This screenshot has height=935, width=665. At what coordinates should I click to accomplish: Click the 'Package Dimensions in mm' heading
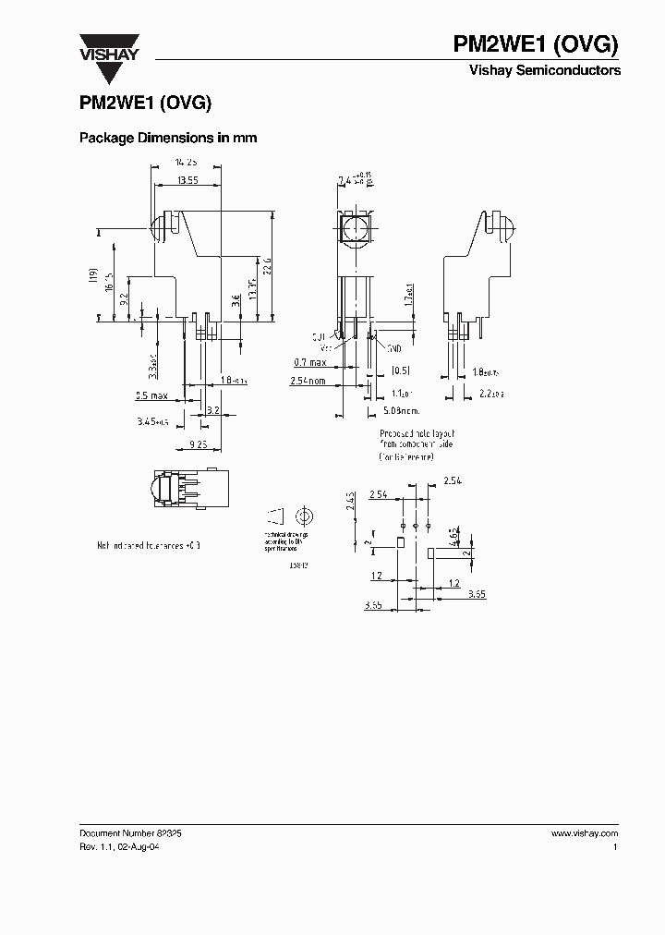click(x=167, y=138)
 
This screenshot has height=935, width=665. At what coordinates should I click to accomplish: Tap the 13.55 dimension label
click(x=187, y=180)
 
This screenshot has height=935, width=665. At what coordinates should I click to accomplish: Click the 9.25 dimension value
click(x=198, y=444)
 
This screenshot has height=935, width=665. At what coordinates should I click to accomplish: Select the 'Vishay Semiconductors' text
click(x=545, y=70)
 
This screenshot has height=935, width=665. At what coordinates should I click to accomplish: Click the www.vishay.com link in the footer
click(x=584, y=832)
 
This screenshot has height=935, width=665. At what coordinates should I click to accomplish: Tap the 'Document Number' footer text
click(x=117, y=832)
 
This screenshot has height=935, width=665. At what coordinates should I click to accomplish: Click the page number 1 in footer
click(x=615, y=846)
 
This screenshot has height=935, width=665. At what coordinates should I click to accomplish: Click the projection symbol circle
click(x=304, y=515)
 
